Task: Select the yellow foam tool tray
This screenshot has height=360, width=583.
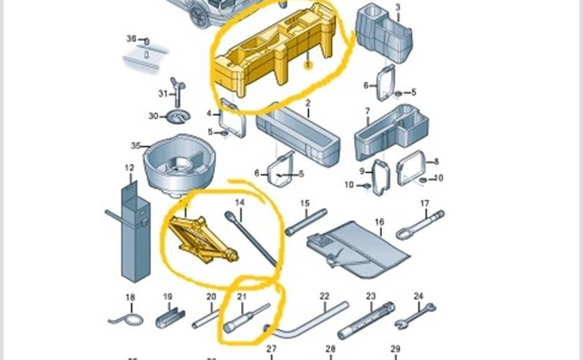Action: pos(281,54)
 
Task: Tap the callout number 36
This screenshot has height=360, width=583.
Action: pos(131,38)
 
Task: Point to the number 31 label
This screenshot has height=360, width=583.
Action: pos(163,94)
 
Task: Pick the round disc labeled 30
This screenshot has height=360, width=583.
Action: pos(177,116)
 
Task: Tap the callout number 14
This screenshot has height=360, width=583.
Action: pos(240,203)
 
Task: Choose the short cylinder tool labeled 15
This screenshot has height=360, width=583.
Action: pos(306,222)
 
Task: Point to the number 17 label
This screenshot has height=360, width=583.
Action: pos(425,204)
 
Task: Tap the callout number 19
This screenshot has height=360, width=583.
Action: pos(168,297)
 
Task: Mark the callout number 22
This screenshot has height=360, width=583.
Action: pos(324,297)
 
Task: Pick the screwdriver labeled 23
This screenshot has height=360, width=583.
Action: pos(366,321)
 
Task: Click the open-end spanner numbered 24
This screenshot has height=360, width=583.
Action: pos(415,315)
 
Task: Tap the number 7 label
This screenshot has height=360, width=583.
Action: pos(367,112)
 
